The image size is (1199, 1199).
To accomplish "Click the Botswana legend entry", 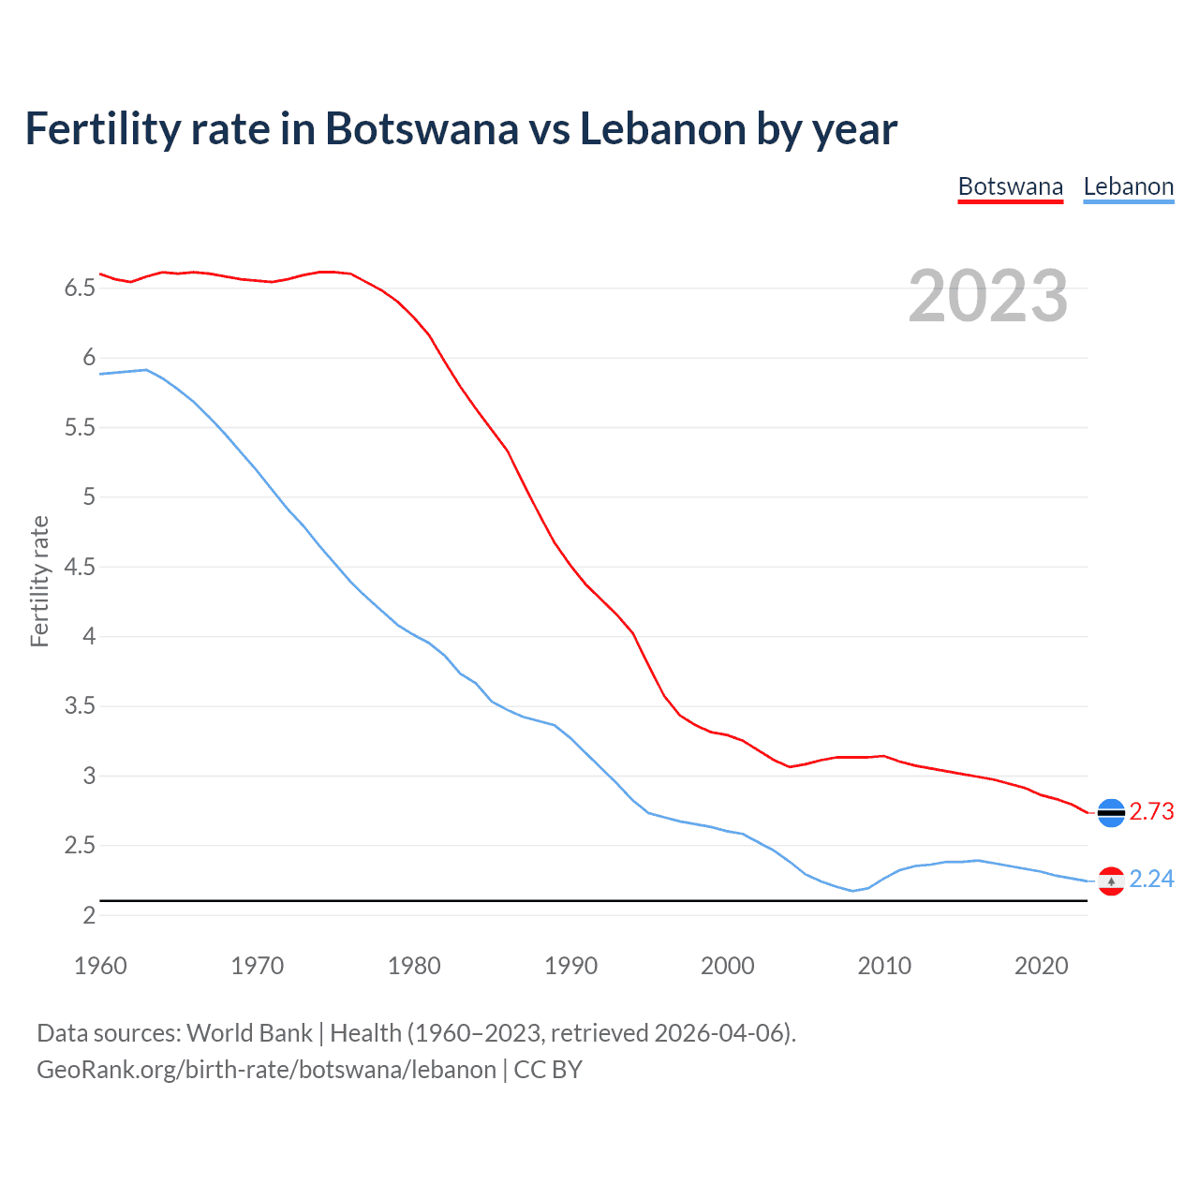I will click(x=1010, y=186).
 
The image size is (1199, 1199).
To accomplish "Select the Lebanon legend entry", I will click(x=1128, y=186).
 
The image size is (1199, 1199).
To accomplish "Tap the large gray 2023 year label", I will click(x=987, y=296).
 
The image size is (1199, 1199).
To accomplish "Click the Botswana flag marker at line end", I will click(x=1111, y=813).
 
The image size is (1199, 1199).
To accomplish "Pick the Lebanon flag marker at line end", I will click(x=1111, y=881).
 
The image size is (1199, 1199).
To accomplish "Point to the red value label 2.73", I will click(x=1151, y=812).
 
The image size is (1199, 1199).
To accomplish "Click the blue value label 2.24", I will click(x=1151, y=880).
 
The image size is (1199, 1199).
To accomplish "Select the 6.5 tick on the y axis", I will click(x=80, y=289).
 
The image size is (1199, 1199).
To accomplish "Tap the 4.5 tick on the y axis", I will click(x=80, y=568).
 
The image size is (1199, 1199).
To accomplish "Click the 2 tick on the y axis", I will click(x=89, y=916).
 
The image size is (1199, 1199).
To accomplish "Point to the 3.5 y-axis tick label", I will click(x=80, y=706).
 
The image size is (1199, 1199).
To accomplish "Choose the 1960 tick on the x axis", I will click(x=100, y=966).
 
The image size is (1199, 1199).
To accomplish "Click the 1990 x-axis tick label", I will click(x=570, y=966).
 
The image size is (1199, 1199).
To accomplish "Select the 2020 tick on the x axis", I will click(x=1041, y=966).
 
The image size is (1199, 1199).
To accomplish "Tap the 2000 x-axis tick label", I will click(x=727, y=966).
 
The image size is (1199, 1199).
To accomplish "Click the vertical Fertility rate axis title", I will click(x=39, y=581).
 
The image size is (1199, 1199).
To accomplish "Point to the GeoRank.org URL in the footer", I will click(x=266, y=1070).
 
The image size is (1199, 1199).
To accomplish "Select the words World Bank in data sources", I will click(x=249, y=1033).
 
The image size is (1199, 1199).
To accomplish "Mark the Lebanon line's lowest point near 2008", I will click(x=852, y=891).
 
